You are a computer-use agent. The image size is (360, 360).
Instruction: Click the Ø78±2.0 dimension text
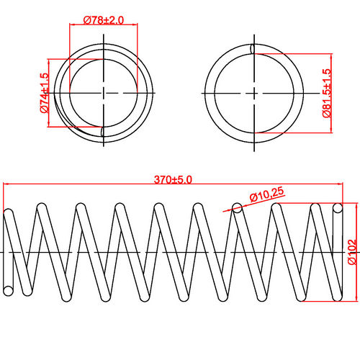tap(103, 19)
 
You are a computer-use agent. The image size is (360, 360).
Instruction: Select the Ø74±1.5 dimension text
tap(43, 93)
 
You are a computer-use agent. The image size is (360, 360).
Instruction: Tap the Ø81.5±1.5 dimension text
tap(326, 92)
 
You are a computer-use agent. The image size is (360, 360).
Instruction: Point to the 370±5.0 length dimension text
tap(173, 179)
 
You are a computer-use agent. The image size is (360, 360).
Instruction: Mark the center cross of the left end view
tap(104, 93)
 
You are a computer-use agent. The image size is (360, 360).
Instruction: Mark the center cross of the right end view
tap(254, 93)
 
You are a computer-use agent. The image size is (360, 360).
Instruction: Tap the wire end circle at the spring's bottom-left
tap(9, 290)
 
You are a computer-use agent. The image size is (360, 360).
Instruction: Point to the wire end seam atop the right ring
tap(253, 49)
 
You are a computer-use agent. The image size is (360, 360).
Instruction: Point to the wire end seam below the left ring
tap(104, 132)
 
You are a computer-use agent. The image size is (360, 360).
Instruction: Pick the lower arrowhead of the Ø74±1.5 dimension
tap(48, 125)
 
